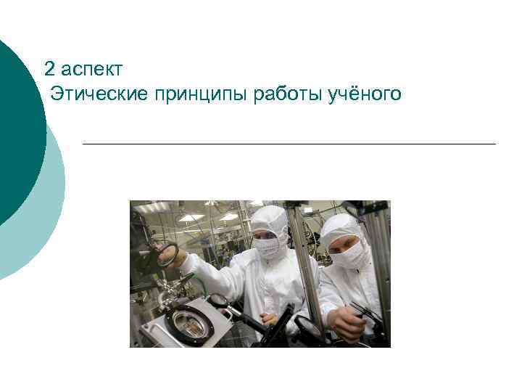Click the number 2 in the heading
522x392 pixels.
point(49,70)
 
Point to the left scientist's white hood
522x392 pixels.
point(270,218)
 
